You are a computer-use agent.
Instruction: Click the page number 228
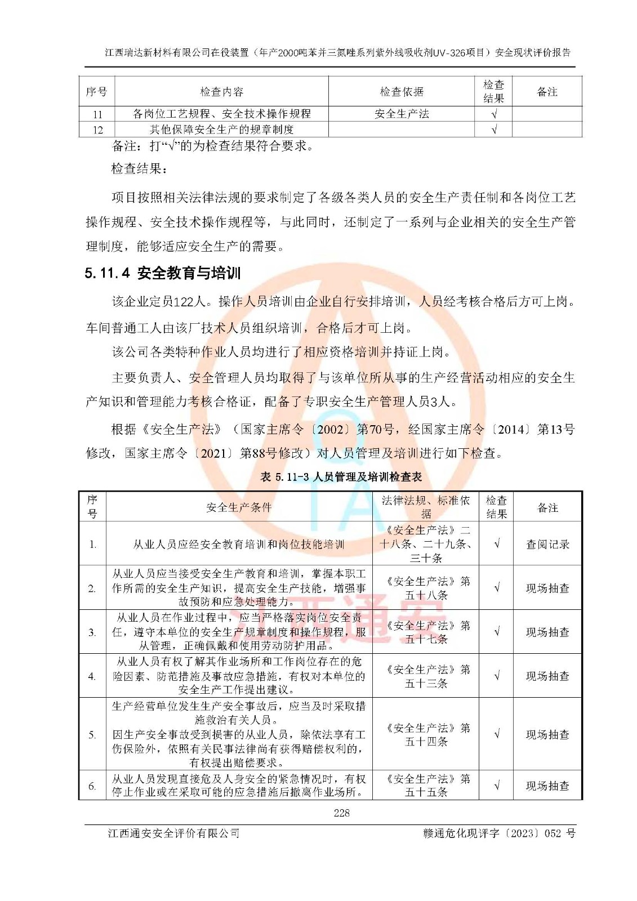point(341,813)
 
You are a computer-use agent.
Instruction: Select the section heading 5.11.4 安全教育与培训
point(163,274)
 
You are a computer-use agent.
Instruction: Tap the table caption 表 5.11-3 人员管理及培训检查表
point(341,477)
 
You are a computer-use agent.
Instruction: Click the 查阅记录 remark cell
point(547,544)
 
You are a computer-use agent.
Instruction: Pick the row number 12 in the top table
point(97,130)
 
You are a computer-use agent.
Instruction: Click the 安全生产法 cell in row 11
point(402,114)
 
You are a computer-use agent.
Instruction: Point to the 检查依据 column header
point(402,92)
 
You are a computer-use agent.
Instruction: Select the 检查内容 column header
point(221,92)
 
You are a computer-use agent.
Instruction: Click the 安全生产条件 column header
point(239,507)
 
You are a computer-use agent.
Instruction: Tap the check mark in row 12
point(494,130)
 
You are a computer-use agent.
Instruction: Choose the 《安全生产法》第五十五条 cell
point(426,786)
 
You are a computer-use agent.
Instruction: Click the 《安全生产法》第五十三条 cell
point(426,676)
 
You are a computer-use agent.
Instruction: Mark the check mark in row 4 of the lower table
point(496,676)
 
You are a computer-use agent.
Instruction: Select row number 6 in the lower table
point(92,786)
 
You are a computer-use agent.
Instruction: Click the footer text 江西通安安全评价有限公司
point(173,833)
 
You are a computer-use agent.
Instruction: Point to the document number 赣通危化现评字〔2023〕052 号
point(499,833)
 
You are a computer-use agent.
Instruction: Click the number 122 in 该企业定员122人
point(184,302)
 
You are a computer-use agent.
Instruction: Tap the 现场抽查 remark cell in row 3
point(547,632)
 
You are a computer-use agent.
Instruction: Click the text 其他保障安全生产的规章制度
point(221,130)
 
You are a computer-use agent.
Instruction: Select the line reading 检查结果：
point(139,168)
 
